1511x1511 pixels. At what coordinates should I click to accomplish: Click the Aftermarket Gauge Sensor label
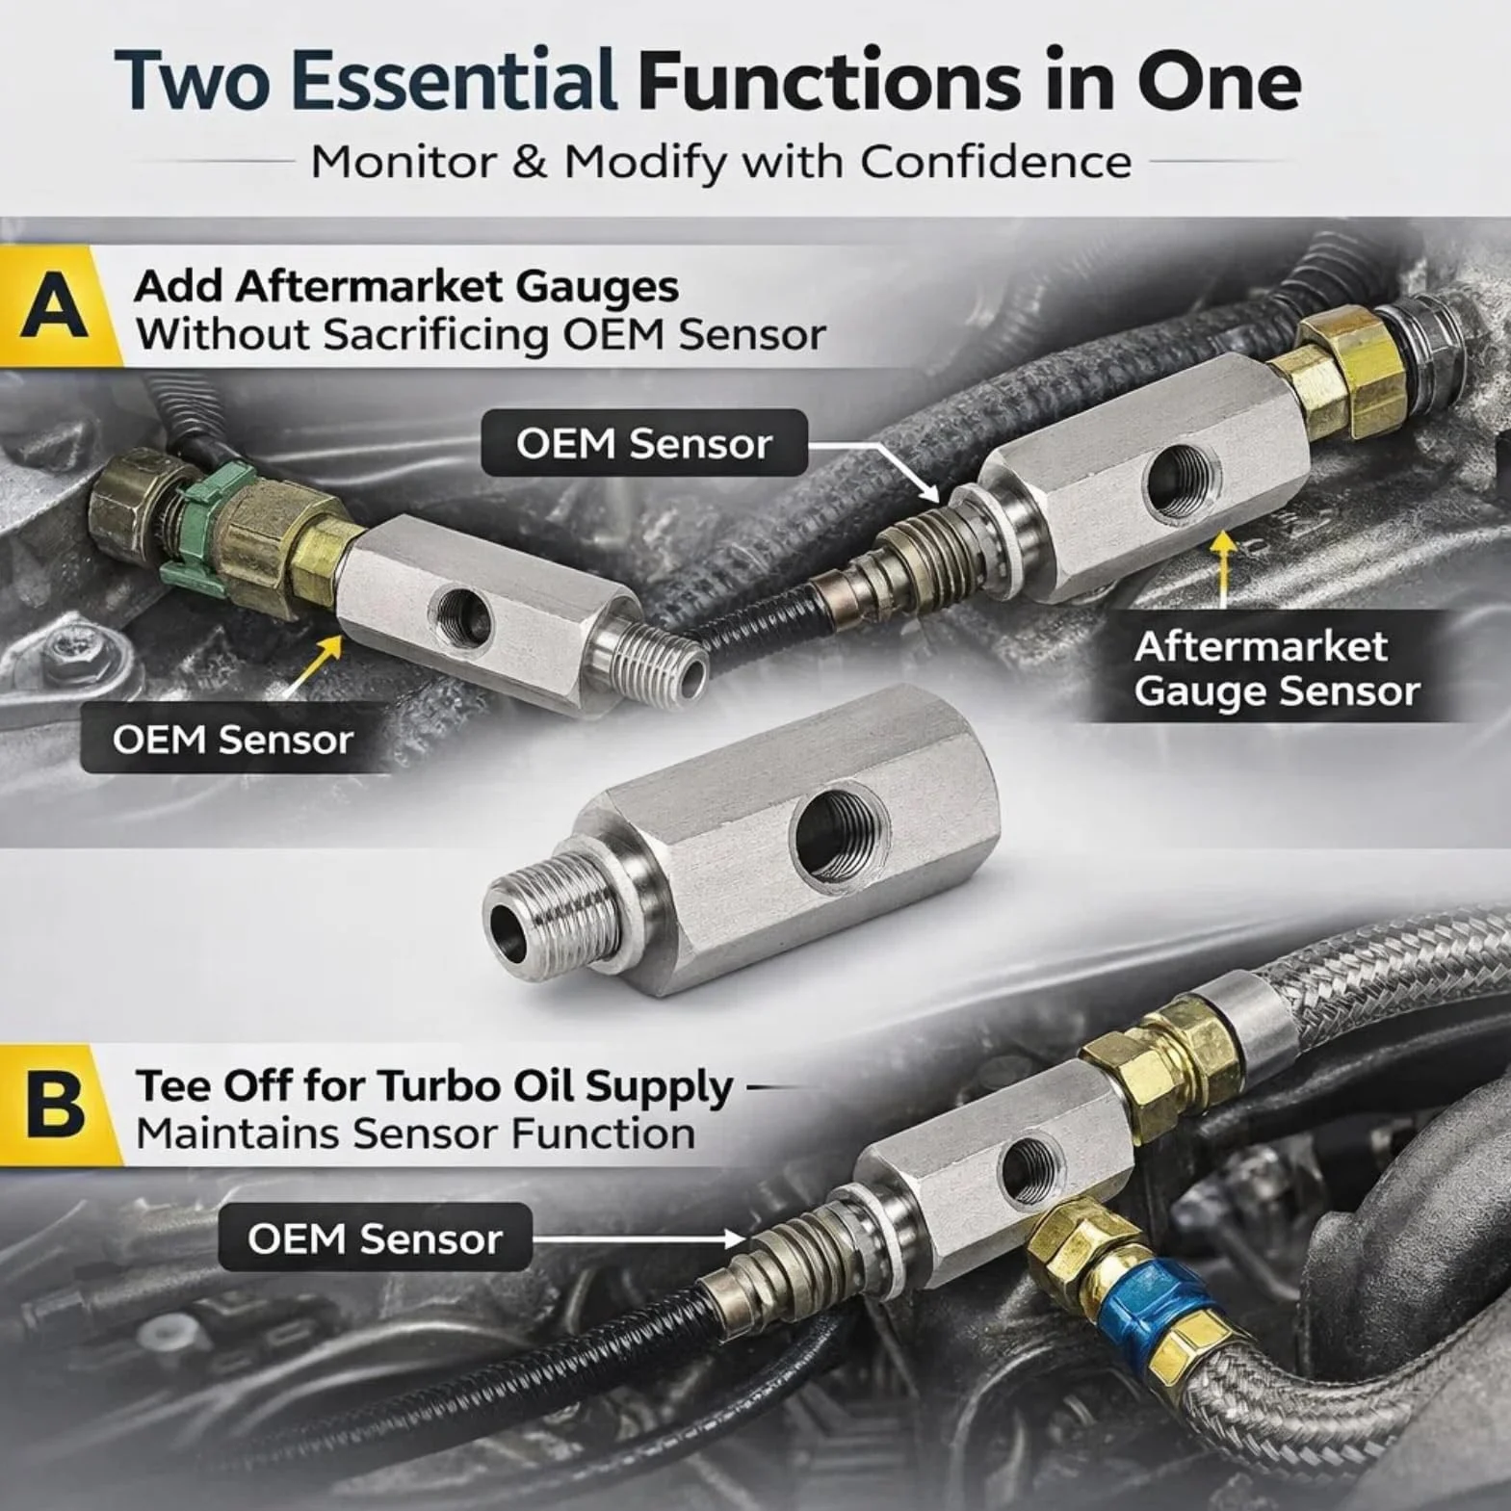(x=1277, y=668)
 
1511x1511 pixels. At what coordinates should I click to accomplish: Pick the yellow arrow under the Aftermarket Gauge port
(x=1223, y=568)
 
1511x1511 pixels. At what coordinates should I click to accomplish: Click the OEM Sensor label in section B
(x=375, y=1237)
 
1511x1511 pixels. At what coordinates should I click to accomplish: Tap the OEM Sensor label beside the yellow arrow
(x=233, y=739)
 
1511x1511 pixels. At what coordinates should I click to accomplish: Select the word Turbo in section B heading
(x=444, y=1086)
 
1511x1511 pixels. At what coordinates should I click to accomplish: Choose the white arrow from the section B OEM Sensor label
(x=638, y=1238)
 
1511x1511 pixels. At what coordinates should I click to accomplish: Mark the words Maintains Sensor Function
(x=415, y=1133)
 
